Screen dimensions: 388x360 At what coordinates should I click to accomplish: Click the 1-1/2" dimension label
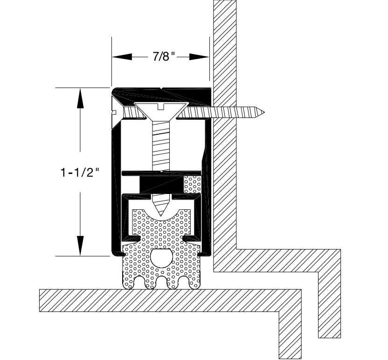click(80, 172)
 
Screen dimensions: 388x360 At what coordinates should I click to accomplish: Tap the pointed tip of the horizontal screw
click(264, 112)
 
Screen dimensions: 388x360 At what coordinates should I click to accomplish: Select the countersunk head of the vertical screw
click(162, 111)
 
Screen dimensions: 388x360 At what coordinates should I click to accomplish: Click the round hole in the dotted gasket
click(161, 258)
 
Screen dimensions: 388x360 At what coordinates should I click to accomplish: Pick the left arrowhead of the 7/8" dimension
click(122, 57)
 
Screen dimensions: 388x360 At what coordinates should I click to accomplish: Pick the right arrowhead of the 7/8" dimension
click(199, 57)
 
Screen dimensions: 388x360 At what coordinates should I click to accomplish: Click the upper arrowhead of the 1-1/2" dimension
click(80, 98)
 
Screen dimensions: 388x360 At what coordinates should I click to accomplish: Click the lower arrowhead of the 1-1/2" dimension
click(80, 245)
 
